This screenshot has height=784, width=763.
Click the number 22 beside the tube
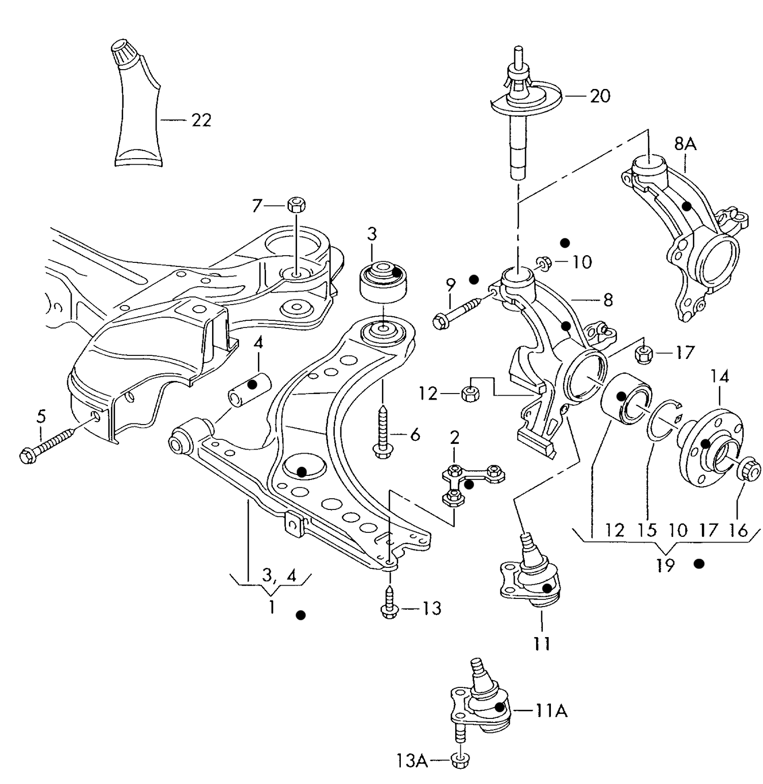[201, 120]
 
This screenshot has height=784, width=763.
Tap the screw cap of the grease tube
[122, 53]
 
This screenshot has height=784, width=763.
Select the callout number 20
[600, 96]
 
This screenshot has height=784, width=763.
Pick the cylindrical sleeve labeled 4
[249, 389]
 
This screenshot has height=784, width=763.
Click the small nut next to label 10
[543, 262]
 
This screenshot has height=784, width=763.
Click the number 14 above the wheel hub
[720, 376]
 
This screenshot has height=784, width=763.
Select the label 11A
[551, 710]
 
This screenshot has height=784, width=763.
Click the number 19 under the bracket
[665, 564]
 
